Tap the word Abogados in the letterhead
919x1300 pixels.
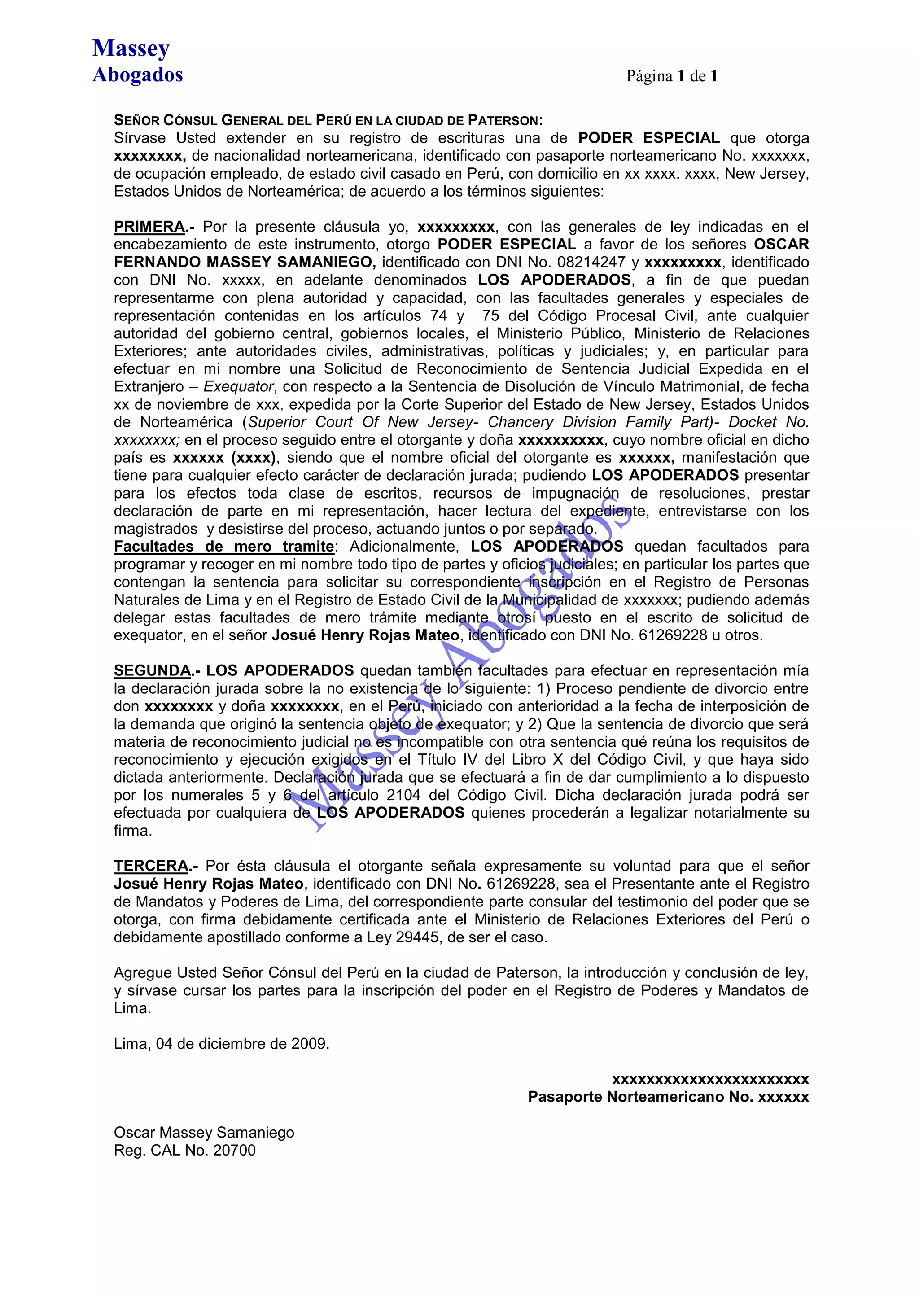138,75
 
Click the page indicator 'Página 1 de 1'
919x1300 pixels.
672,76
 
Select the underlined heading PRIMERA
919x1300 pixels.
149,227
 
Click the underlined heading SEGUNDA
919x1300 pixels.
152,671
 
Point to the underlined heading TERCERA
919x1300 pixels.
151,866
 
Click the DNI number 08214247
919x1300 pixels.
591,262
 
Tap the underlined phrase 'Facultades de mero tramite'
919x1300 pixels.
223,547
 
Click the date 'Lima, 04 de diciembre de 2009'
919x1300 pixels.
221,1043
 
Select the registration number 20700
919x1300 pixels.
234,1150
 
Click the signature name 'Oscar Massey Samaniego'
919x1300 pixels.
204,1133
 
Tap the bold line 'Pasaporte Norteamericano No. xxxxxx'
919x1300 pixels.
668,1097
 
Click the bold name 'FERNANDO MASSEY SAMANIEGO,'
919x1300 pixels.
245,262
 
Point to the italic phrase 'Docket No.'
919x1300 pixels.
768,422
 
